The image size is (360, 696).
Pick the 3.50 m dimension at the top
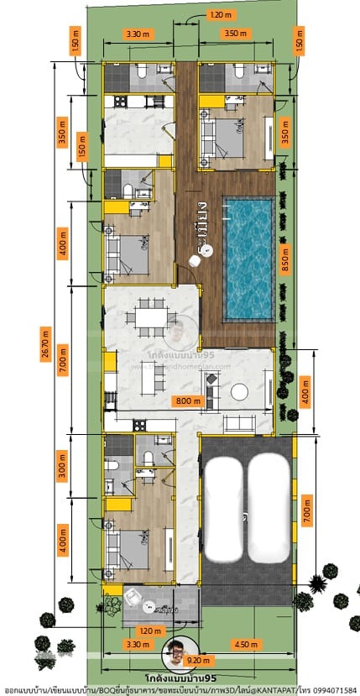point(237,34)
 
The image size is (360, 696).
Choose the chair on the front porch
point(132,596)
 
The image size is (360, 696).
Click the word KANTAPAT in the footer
point(271,689)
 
